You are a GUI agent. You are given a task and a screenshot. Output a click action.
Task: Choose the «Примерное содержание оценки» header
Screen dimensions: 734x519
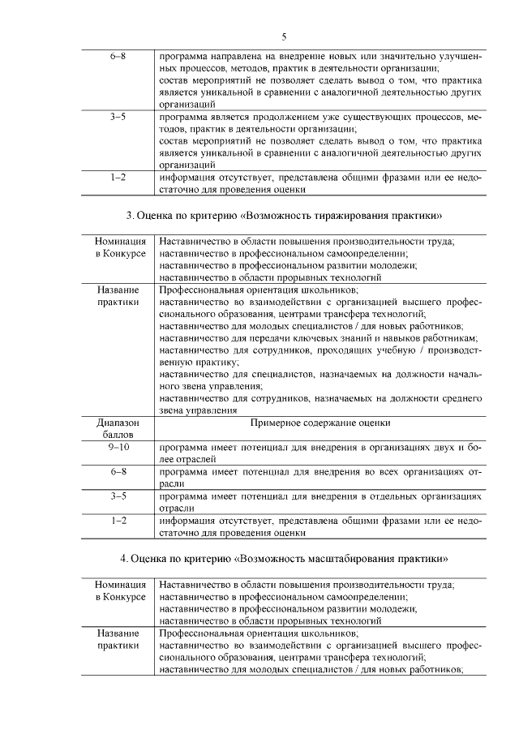[x=320, y=423]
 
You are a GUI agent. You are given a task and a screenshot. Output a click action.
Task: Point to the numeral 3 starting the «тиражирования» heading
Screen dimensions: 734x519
[x=130, y=216]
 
